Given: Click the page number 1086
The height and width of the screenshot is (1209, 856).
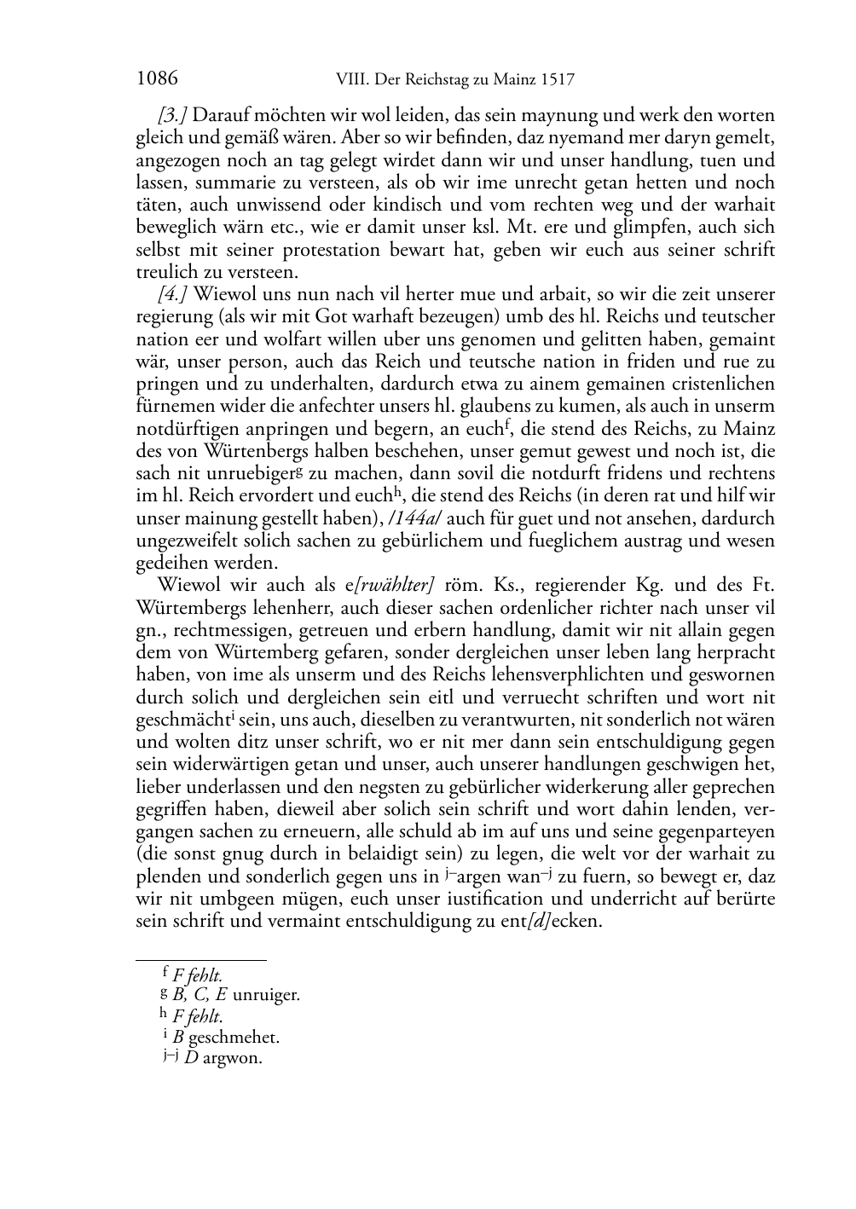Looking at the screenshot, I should click(x=157, y=79).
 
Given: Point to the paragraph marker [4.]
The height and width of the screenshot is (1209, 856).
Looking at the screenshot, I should click(x=173, y=295).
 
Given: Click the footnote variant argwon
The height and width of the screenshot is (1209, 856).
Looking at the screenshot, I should click(x=233, y=1059).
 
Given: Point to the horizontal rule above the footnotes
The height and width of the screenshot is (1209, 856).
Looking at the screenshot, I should click(x=201, y=960).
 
